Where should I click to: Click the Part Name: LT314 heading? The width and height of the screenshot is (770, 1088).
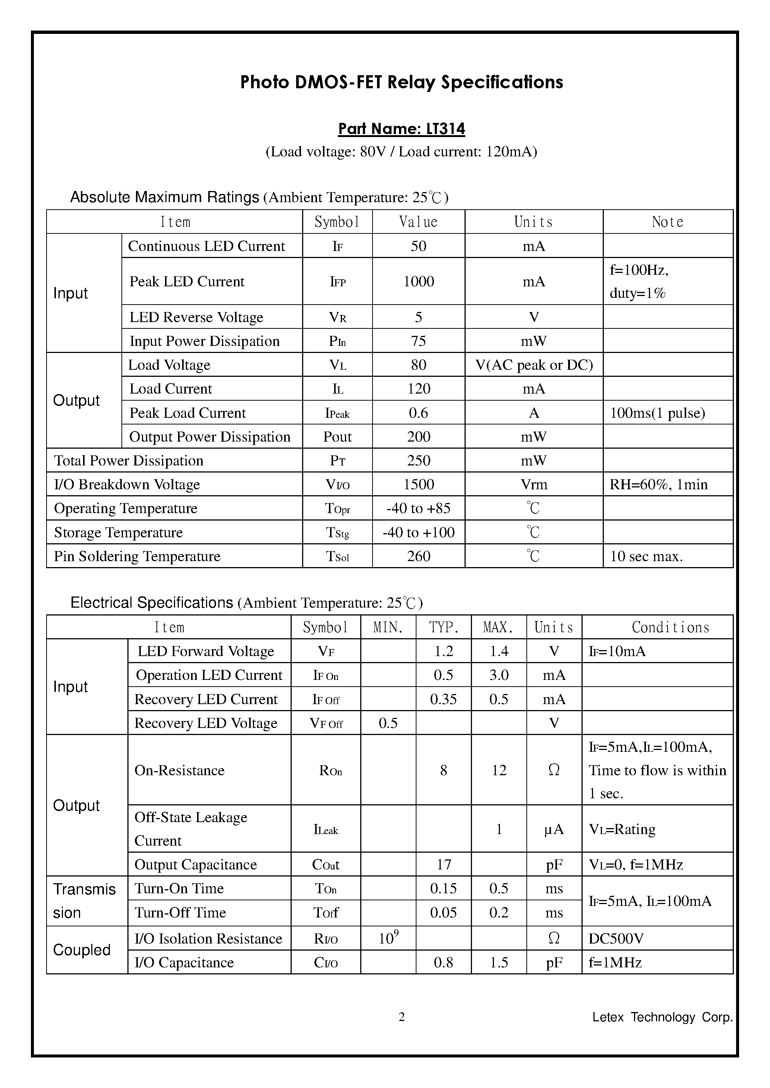401,129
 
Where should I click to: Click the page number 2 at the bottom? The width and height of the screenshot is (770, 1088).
402,1017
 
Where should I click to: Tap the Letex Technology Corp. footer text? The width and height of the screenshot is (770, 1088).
662,1017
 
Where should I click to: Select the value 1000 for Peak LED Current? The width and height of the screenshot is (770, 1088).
418,281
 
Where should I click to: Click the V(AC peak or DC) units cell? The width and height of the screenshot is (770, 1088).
533,365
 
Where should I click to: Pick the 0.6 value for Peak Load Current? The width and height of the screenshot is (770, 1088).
418,413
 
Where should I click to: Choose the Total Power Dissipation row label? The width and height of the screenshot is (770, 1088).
129,461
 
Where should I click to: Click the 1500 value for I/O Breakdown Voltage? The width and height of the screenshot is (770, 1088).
418,484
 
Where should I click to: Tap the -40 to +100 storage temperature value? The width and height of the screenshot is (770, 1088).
418,532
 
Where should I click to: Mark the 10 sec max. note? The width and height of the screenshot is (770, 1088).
646,556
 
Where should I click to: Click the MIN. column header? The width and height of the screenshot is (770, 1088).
388,627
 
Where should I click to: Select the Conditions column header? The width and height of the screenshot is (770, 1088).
670,627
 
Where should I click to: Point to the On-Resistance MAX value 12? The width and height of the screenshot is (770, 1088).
498,770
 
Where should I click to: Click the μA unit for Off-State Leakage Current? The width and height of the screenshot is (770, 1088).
554,829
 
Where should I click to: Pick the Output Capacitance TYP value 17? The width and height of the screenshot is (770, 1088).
443,865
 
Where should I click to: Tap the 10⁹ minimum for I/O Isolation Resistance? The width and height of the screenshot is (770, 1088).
388,938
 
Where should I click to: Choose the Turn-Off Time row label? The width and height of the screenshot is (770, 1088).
180,913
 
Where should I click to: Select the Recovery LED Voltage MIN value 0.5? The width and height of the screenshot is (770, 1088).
388,723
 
